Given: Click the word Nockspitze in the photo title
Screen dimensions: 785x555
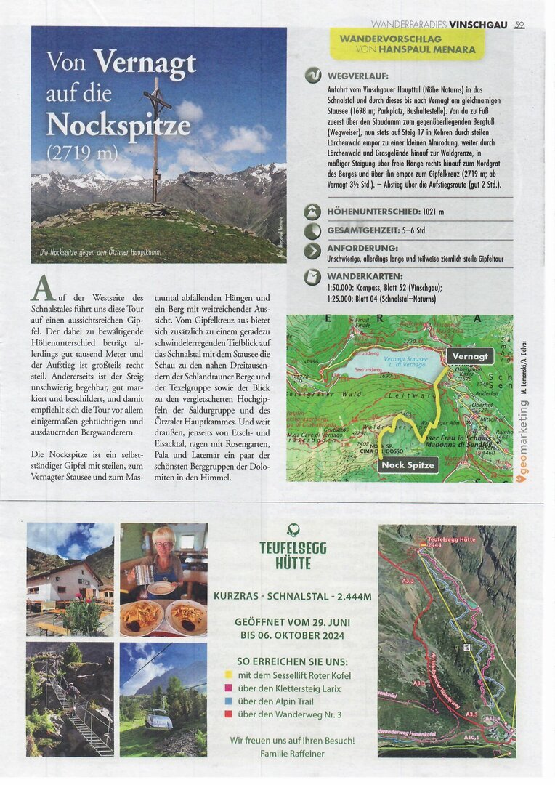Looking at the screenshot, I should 118,125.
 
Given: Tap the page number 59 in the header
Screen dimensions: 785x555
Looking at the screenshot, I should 519,25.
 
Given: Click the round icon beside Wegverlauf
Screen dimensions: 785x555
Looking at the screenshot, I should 313,76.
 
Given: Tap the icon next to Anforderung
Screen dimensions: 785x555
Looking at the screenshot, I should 313,251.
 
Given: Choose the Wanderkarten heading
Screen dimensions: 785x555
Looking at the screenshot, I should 363,276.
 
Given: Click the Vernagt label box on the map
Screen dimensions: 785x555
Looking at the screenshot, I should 469,356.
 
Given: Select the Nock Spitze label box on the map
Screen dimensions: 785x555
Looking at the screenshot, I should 408,464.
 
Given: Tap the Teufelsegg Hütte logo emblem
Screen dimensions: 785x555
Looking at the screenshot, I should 293,530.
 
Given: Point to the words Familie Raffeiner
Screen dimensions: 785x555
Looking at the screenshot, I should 292,754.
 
